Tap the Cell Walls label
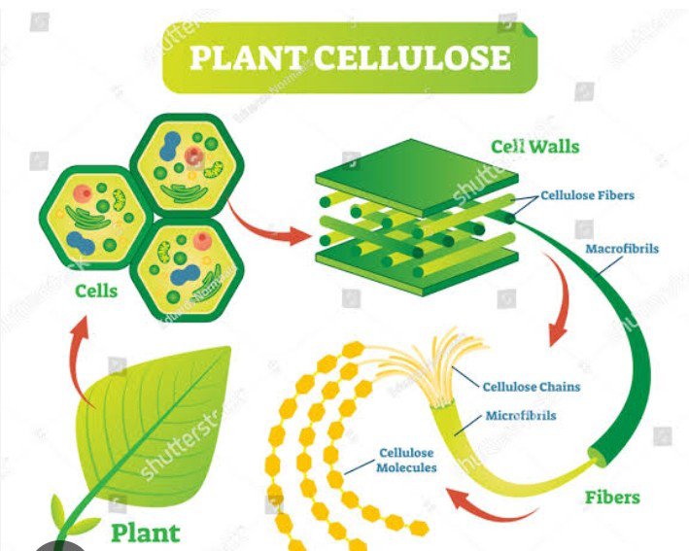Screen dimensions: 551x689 534,148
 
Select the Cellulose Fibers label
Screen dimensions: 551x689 587,195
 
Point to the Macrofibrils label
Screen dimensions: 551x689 622,249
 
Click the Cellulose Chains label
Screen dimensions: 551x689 531,387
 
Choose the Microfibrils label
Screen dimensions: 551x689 521,416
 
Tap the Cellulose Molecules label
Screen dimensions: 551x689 407,460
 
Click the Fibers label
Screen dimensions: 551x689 612,498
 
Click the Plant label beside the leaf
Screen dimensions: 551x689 145,533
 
